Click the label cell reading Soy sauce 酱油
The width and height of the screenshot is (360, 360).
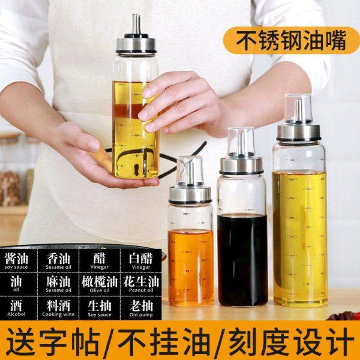(16, 261)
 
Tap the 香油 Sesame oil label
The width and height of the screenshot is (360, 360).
(58, 261)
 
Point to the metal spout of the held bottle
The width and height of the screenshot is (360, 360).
(136, 24)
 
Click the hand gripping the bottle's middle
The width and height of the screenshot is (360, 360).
(180, 102)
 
